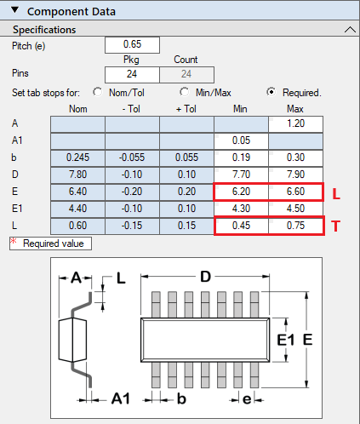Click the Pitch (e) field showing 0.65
(132, 45)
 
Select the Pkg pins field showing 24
(132, 75)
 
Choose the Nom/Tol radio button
(98, 92)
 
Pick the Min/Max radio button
(185, 92)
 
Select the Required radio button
(271, 92)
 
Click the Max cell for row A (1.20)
(295, 124)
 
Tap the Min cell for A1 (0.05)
(241, 140)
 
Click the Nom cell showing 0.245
(77, 158)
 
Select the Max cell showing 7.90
(295, 175)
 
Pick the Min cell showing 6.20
(241, 192)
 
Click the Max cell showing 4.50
(295, 209)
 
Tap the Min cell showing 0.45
(241, 226)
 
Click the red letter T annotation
(335, 226)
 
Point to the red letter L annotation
(336, 194)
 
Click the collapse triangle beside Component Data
(14, 10)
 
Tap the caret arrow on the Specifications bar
(350, 29)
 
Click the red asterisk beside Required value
(14, 241)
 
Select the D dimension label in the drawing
(205, 277)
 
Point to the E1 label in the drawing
(286, 340)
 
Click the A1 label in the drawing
(121, 398)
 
